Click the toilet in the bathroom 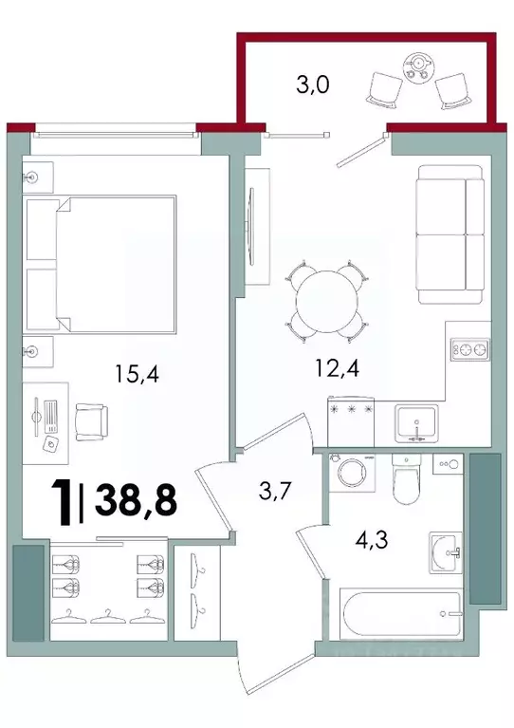pos(406,480)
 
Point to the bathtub pos(400,613)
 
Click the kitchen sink pos(417,421)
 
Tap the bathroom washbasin pos(445,551)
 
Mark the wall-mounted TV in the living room pos(251,224)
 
